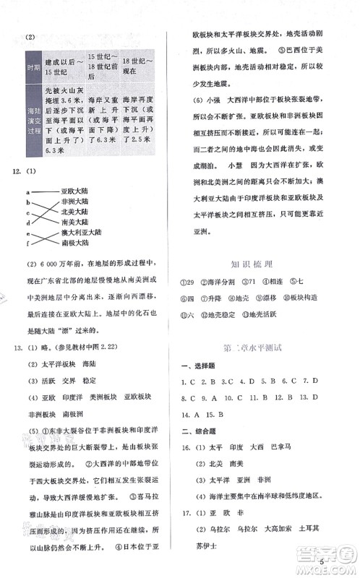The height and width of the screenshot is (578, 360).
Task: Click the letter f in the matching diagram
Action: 27,243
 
